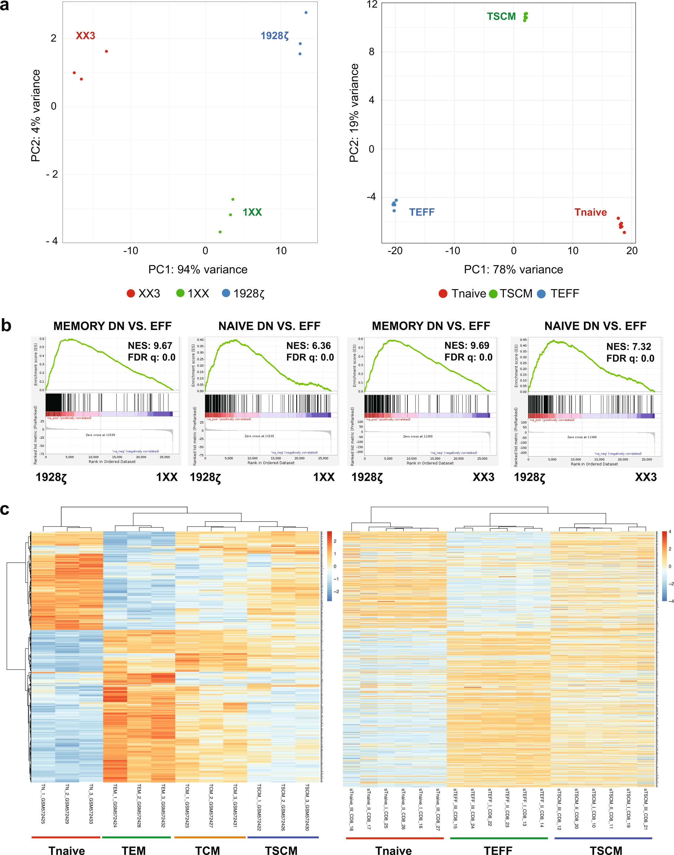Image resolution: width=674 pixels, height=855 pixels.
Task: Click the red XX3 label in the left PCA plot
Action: pos(85,36)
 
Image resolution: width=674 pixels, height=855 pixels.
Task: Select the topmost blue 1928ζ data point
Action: pos(306,13)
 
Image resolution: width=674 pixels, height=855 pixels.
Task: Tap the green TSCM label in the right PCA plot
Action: pos(501,17)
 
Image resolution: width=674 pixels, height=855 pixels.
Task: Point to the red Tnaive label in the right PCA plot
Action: pos(590,212)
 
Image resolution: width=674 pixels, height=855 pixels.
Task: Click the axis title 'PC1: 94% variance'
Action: pos(198,270)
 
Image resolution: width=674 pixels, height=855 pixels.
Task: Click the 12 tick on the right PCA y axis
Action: pos(372,5)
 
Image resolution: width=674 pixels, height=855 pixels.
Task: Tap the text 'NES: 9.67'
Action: pos(150,346)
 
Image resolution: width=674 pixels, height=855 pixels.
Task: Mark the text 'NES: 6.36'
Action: pos(309,346)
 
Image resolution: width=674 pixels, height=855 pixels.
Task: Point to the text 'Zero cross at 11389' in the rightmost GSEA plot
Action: pos(582,437)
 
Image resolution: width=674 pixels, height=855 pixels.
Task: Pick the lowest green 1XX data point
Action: pos(220,232)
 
